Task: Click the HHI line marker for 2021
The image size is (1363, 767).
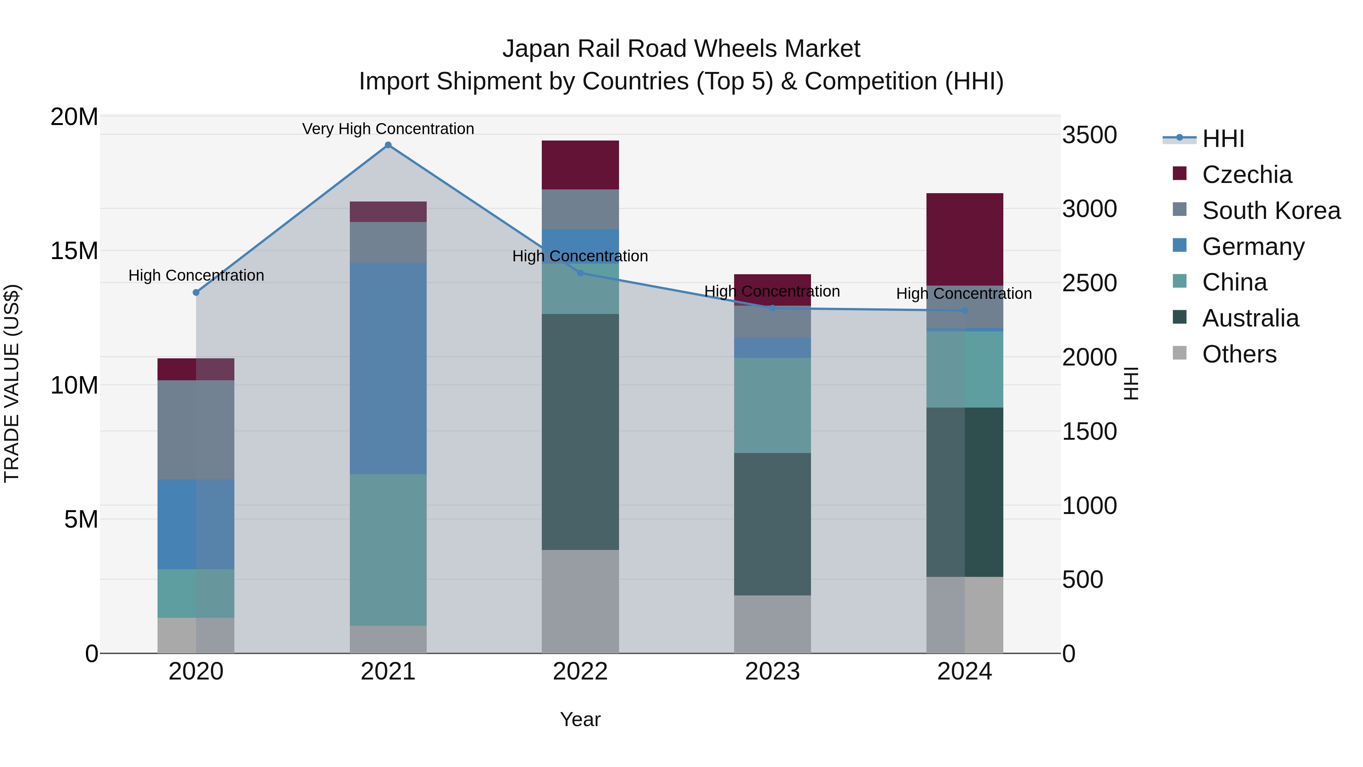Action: point(388,145)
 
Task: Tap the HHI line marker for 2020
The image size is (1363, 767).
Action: point(196,292)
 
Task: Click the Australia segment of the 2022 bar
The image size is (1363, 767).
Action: point(580,431)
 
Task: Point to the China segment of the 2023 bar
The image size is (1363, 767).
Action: point(772,405)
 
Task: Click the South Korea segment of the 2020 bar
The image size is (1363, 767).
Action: point(196,430)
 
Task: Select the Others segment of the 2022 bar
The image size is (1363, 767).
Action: point(580,601)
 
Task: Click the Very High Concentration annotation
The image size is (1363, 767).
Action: point(388,129)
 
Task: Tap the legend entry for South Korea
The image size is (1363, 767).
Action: point(1271,211)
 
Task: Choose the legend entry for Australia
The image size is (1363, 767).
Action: point(1250,318)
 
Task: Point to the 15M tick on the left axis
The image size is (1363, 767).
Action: point(74,251)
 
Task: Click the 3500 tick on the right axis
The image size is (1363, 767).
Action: point(1089,135)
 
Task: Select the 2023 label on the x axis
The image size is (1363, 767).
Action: point(772,672)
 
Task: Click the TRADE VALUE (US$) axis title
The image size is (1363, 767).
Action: point(12,383)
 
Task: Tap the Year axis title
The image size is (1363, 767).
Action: point(580,719)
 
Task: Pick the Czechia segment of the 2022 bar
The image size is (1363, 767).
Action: point(580,165)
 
